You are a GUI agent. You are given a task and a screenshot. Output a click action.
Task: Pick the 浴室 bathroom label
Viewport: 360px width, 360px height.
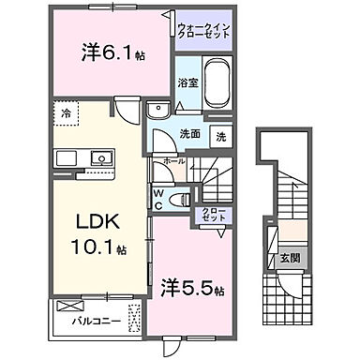187,82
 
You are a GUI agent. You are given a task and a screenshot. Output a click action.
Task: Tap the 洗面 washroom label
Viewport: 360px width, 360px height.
189,133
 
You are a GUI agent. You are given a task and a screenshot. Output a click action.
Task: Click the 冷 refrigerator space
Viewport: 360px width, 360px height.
67,112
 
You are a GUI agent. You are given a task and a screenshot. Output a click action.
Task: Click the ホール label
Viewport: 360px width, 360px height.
174,162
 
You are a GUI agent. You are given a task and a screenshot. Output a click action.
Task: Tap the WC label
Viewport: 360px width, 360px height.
159,198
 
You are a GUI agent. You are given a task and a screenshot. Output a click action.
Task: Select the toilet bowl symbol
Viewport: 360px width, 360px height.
184,200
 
